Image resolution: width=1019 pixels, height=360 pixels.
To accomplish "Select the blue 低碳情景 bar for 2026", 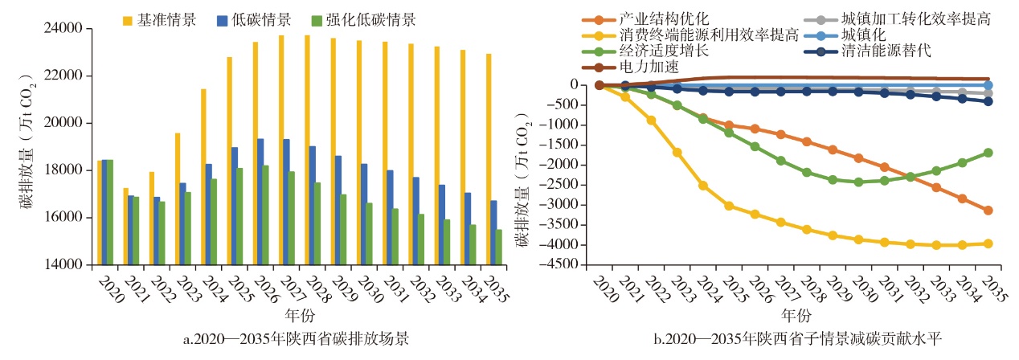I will tap(260, 202).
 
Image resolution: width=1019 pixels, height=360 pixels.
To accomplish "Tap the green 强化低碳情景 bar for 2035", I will tap(499, 247).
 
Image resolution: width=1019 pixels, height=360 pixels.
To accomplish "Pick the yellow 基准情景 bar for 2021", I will tap(125, 226).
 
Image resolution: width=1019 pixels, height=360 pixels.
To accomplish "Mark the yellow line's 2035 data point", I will tap(988, 243).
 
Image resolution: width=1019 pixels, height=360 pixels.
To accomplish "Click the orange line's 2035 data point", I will tap(988, 211).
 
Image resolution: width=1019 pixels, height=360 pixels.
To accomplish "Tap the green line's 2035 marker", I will tap(988, 153).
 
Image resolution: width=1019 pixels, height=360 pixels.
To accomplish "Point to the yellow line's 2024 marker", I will tap(703, 186).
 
